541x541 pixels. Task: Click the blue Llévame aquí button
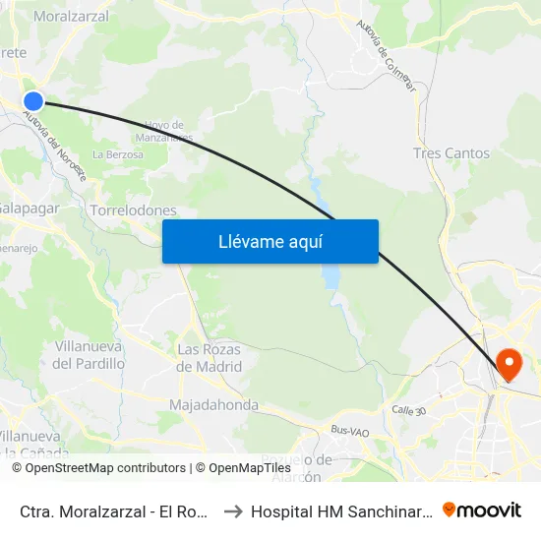[x=270, y=241]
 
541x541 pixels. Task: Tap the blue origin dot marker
[x=33, y=100]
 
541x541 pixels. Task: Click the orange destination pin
[x=510, y=365]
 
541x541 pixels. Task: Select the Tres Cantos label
[x=451, y=153]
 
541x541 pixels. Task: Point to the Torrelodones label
[x=133, y=210]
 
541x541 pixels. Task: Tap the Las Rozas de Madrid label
[x=209, y=358]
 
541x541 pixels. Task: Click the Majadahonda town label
[x=213, y=405]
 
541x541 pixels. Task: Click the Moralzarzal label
[x=71, y=17]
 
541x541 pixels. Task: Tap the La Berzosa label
[x=117, y=154]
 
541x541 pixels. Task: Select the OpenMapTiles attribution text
[x=243, y=468]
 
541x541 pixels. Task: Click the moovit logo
[x=482, y=511]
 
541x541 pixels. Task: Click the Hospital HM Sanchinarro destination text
[x=340, y=511]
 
